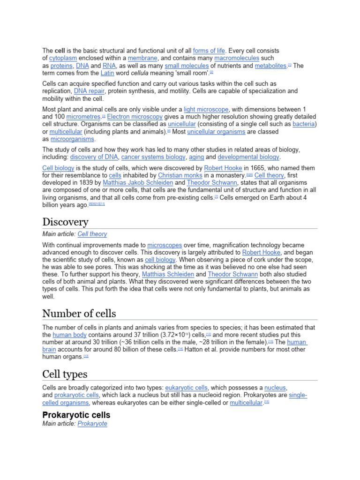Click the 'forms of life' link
pyautogui.click(x=209, y=51)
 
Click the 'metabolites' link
pyautogui.click(x=270, y=66)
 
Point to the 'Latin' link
pyautogui.click(x=107, y=73)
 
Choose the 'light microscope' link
pyautogui.click(x=206, y=109)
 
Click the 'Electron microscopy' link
pyautogui.click(x=135, y=117)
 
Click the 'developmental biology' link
pyautogui.click(x=248, y=157)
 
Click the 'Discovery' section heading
pyautogui.click(x=65, y=222)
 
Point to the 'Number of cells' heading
pyautogui.click(x=79, y=313)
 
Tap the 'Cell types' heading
pyautogui.click(x=65, y=374)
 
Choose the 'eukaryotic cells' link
pyautogui.click(x=187, y=388)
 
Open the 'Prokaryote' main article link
pyautogui.click(x=92, y=424)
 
